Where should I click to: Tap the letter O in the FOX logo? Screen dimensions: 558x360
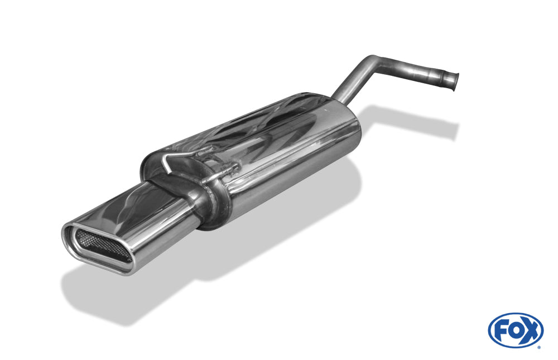(x=514, y=331)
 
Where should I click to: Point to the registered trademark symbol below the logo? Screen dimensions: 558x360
(x=539, y=347)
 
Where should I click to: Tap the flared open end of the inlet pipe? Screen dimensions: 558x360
(x=455, y=82)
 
